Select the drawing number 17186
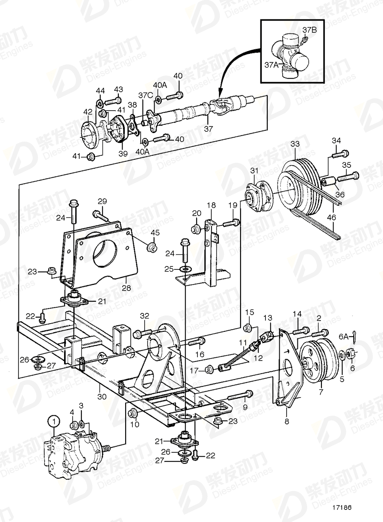tap(342, 507)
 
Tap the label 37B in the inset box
tap(309, 30)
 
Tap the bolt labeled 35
tap(348, 176)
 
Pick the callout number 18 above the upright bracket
tap(211, 206)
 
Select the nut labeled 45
tap(151, 248)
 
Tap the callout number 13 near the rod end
tap(268, 318)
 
